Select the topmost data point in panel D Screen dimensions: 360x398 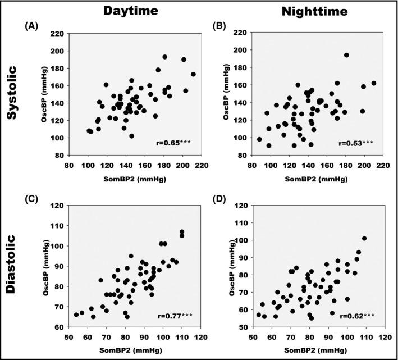[x=364, y=238]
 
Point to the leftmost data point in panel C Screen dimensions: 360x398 [x=76, y=315]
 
